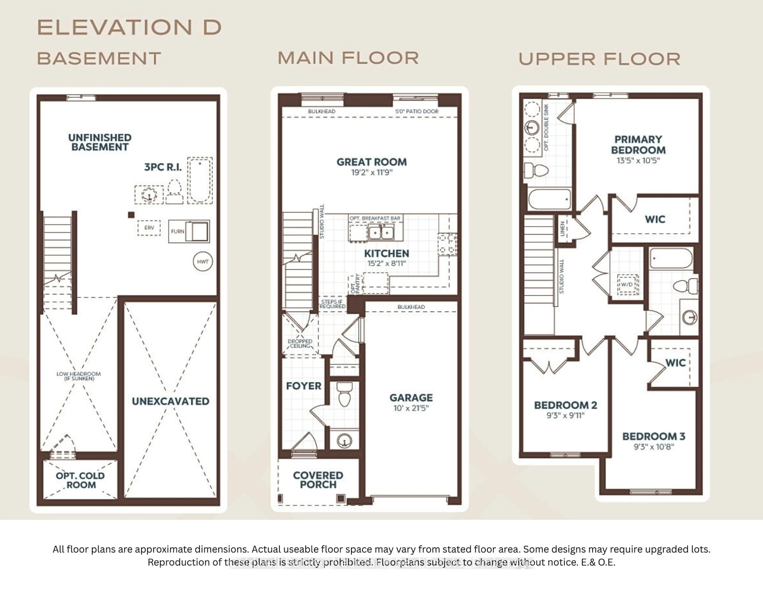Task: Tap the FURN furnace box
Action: pos(189,231)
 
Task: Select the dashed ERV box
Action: pos(149,228)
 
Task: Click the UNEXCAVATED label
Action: pos(170,401)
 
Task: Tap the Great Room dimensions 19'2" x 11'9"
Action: pos(372,173)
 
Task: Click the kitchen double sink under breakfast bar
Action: pos(381,232)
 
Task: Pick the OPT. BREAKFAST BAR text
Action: pos(375,218)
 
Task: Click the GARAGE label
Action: pos(411,398)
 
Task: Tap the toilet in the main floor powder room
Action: pos(345,395)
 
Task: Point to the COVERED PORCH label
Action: pos(318,480)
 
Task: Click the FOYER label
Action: pos(304,386)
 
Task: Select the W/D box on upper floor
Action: pos(628,284)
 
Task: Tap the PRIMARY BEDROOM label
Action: pos(638,145)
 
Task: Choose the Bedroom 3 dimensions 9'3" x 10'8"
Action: pos(654,447)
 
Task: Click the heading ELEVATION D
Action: pos(129,27)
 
